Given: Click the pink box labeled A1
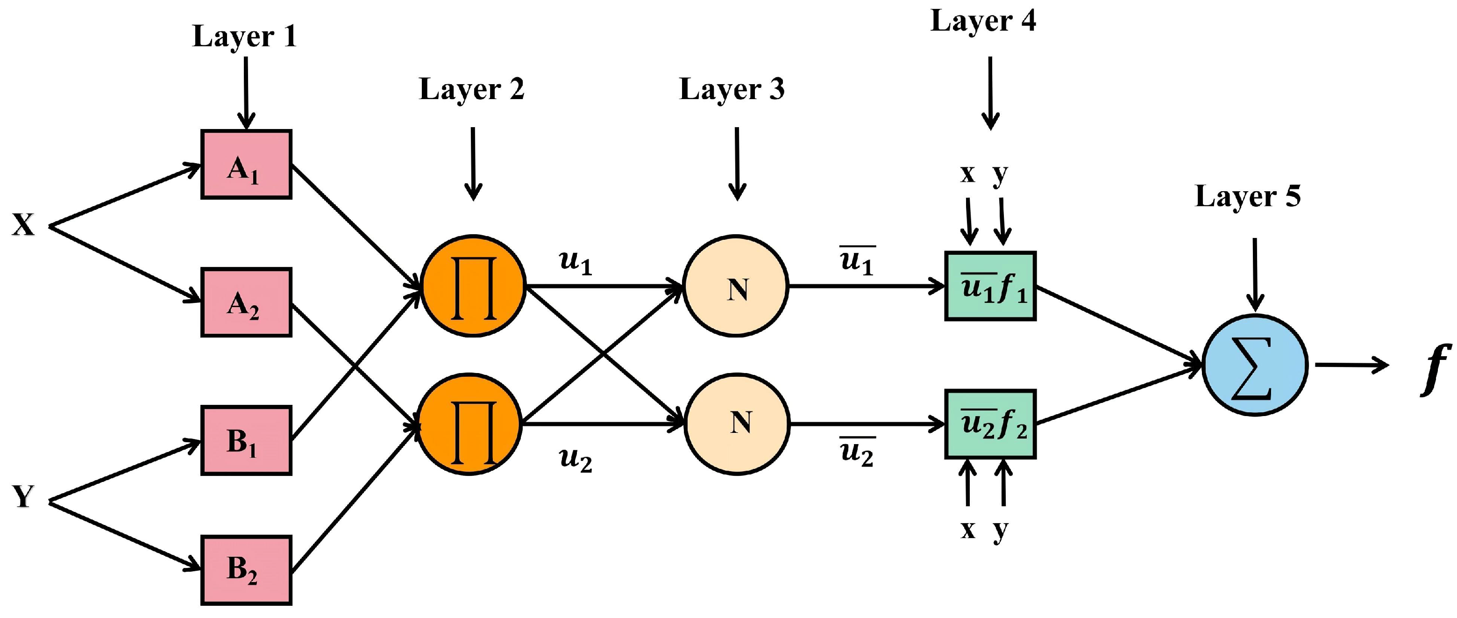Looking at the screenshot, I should point(246,165).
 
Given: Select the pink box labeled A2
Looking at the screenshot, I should point(246,303).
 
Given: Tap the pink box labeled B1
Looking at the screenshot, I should point(246,440).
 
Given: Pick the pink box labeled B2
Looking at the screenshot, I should point(246,570).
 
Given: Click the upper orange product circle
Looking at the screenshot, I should point(474,287).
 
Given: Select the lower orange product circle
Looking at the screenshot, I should point(469,424).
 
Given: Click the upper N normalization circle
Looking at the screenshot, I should point(736,287).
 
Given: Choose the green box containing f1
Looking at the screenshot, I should point(990,287).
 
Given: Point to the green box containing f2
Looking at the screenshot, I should point(990,424).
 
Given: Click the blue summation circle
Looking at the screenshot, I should point(1255,365).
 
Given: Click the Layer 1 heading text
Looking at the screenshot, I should point(244,37).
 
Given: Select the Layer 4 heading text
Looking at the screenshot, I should point(983,22).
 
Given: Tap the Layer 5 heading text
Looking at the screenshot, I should point(1248,197).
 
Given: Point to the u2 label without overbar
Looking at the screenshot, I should point(575,459).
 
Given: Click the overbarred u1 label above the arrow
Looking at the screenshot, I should point(857,260).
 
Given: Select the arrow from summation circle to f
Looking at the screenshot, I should point(1352,365).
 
